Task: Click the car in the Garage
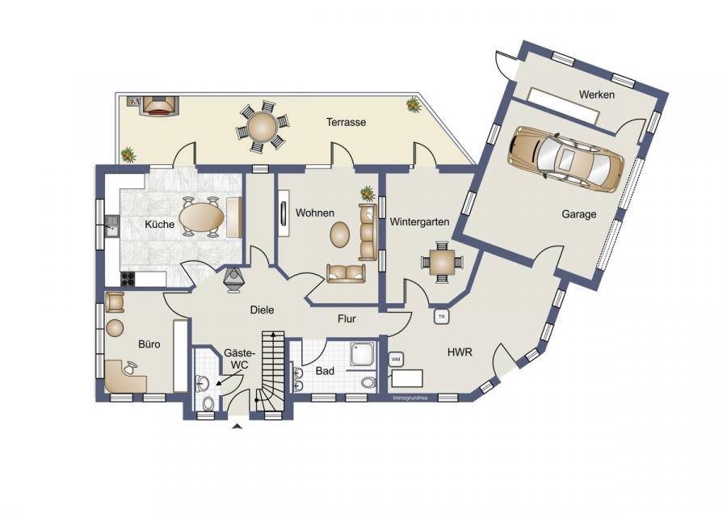565,158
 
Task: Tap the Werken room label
597,95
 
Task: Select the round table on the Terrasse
262,127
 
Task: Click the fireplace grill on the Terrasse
160,107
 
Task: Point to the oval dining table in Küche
202,217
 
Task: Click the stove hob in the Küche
128,279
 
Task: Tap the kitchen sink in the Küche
111,226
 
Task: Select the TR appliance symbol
441,317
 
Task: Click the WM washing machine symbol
396,359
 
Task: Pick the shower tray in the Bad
364,355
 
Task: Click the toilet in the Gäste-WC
208,403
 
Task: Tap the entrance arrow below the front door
237,427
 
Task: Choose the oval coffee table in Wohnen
340,234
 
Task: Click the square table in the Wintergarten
442,263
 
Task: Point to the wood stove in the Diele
233,280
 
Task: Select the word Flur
347,319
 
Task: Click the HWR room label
460,352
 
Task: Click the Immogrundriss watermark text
410,398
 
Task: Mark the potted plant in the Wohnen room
368,193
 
